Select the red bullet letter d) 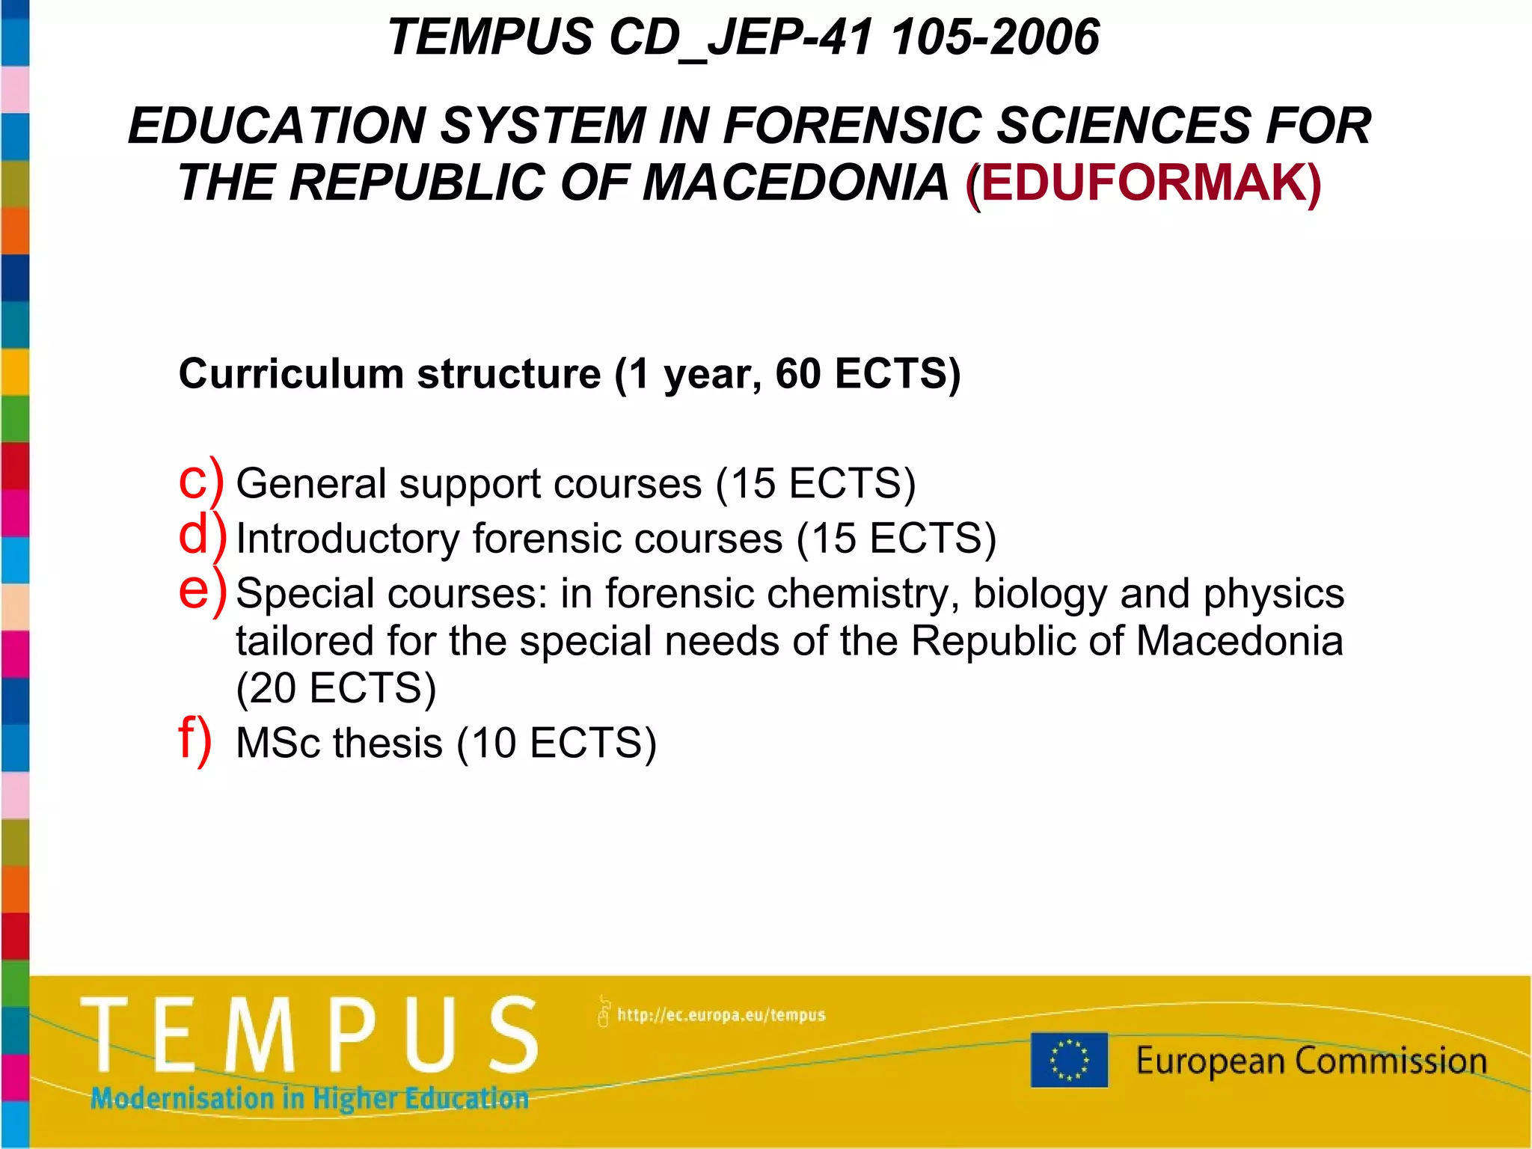(x=201, y=536)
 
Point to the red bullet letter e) (x=201, y=591)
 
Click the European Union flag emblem (x=1069, y=1059)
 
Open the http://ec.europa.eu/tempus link (x=720, y=1015)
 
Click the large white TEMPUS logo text (x=309, y=1035)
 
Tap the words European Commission (x=1311, y=1061)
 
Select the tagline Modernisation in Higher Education (x=309, y=1098)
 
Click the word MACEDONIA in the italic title (x=795, y=183)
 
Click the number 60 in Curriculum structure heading (x=797, y=373)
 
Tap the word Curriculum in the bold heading (x=292, y=373)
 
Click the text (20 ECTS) (x=336, y=688)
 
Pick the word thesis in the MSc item (x=387, y=743)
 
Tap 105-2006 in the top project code (x=996, y=37)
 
